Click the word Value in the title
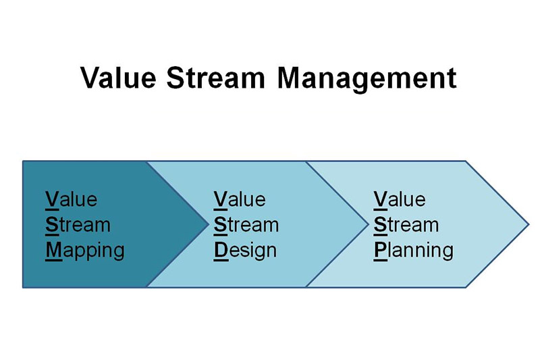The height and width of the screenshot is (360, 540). (118, 78)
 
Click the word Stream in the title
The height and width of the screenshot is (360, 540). (216, 78)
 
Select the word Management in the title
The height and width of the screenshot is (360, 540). (367, 80)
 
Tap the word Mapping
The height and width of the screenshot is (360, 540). (85, 251)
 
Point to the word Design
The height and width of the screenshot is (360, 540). (245, 251)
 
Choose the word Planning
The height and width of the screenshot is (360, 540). (414, 251)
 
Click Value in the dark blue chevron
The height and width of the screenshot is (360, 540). (72, 199)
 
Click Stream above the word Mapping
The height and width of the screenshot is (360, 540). (78, 225)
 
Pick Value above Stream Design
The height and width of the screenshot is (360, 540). (240, 199)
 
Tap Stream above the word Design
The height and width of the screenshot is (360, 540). (246, 225)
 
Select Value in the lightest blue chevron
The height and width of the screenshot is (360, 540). (400, 199)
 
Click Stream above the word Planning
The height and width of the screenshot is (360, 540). (406, 225)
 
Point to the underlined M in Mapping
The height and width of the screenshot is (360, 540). (54, 251)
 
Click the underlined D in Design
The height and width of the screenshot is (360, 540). (221, 251)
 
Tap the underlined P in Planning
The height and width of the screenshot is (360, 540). (381, 251)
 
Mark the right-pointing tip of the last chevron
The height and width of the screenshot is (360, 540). (529, 224)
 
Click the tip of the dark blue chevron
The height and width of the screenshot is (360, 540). (209, 224)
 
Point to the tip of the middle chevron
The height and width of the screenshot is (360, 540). (368, 224)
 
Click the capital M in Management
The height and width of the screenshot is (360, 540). (290, 78)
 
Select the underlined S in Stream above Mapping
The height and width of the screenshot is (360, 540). (52, 226)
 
